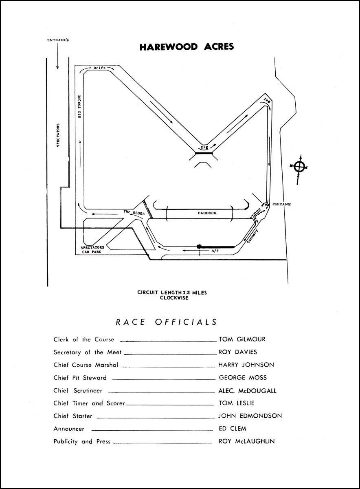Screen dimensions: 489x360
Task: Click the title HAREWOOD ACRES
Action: [x=187, y=47]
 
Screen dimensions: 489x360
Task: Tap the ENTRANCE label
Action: [x=58, y=40]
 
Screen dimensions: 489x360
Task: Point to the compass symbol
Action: [x=299, y=166]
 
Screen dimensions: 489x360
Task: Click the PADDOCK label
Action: [x=207, y=213]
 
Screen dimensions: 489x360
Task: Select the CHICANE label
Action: [x=282, y=204]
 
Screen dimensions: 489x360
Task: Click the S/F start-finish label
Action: [x=214, y=251]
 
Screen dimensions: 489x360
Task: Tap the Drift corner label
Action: [x=99, y=68]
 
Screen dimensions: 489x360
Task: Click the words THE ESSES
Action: [x=134, y=212]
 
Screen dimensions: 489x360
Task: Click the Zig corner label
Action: [x=203, y=146]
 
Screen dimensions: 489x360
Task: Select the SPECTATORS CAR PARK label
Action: [x=92, y=250]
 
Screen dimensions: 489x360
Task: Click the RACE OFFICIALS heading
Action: [x=167, y=322]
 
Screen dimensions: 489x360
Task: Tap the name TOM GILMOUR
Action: [x=242, y=339]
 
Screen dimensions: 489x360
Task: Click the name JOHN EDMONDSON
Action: [x=250, y=416]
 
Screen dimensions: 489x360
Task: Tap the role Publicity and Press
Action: [x=82, y=441]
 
